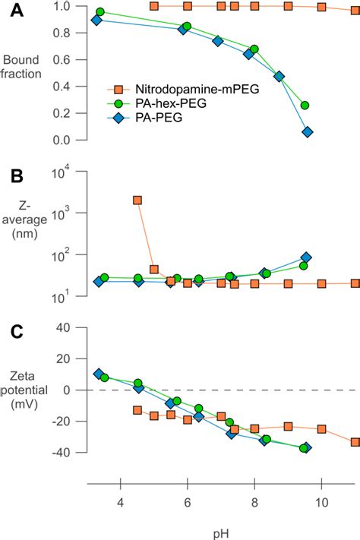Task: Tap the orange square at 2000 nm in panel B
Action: pos(137,201)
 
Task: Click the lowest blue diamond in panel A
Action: pos(308,132)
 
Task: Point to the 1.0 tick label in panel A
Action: pos(62,6)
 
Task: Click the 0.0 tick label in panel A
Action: pos(62,141)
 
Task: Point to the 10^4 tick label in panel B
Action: pos(61,172)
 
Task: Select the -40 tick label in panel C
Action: pos(62,452)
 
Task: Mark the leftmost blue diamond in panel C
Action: pos(99,374)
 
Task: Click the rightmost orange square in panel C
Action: pos(355,442)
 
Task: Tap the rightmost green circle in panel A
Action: pos(305,106)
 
